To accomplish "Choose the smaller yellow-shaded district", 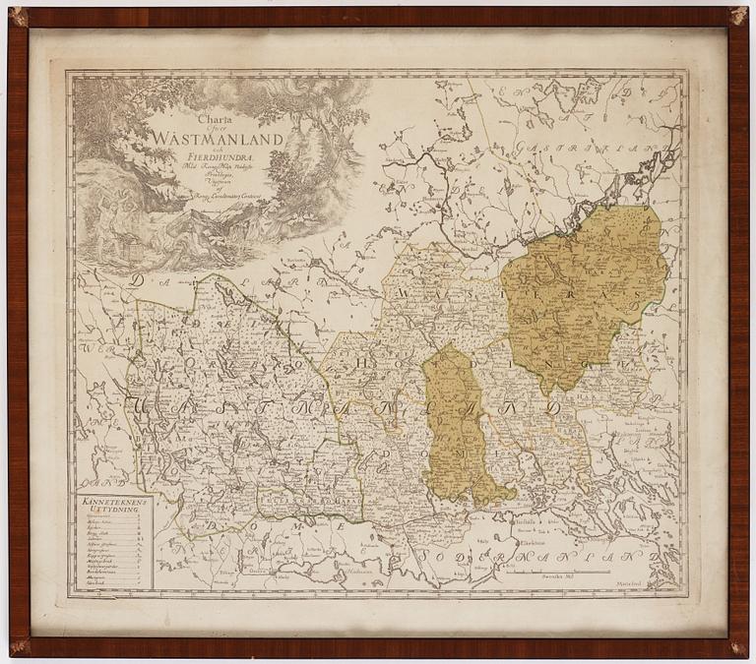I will click(458, 423).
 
